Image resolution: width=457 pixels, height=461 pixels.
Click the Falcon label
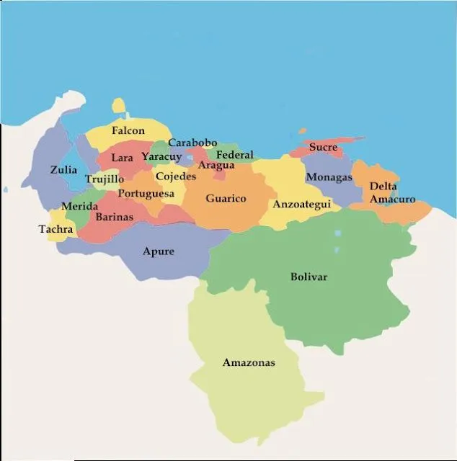[x=128, y=131]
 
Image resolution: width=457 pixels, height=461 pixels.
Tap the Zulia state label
[x=63, y=170]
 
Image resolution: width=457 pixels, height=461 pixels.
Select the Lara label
[x=122, y=157]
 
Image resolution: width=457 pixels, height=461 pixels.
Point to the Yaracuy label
[x=161, y=156]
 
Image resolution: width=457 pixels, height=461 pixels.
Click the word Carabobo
[x=192, y=143]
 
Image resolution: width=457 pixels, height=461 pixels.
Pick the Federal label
[x=235, y=155]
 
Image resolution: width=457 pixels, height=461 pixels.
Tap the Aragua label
[x=216, y=166]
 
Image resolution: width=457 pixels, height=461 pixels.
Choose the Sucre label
[x=323, y=148]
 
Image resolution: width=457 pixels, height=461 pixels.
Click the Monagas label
[x=329, y=177]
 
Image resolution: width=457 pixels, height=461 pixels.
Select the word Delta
[x=383, y=186]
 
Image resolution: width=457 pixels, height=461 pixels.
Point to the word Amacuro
[x=393, y=199]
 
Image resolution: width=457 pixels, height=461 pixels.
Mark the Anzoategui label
[x=301, y=205]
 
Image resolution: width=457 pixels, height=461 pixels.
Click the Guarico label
[x=226, y=198]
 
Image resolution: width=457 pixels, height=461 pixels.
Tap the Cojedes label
[x=175, y=176]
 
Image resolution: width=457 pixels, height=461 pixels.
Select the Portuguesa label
[x=146, y=193]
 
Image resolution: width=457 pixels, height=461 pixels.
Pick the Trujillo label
[x=105, y=179]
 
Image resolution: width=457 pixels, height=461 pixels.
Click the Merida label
[x=79, y=206]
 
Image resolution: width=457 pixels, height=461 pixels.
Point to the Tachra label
[x=56, y=230]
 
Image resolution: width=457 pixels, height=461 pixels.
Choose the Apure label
[x=158, y=251]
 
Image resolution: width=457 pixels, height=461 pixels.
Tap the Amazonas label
[x=249, y=362]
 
